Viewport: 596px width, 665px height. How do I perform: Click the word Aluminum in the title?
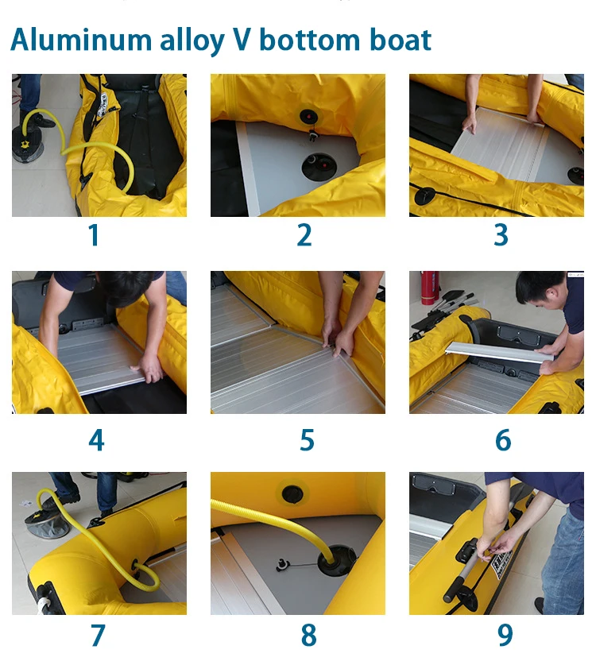(x=81, y=41)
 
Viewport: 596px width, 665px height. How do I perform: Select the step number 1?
(x=94, y=235)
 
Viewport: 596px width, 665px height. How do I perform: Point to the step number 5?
(x=307, y=439)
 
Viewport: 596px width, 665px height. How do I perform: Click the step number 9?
(x=505, y=635)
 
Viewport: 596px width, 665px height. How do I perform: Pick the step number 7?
(x=98, y=635)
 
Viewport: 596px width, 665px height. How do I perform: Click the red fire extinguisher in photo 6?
(x=429, y=288)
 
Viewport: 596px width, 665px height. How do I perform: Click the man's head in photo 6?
(x=542, y=292)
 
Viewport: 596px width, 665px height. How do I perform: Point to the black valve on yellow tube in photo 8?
(x=292, y=494)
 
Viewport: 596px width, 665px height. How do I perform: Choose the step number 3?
(x=501, y=235)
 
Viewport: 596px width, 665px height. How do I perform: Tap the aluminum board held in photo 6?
(x=499, y=352)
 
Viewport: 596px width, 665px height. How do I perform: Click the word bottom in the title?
(x=309, y=40)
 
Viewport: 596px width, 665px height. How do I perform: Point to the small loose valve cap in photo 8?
(x=281, y=565)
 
